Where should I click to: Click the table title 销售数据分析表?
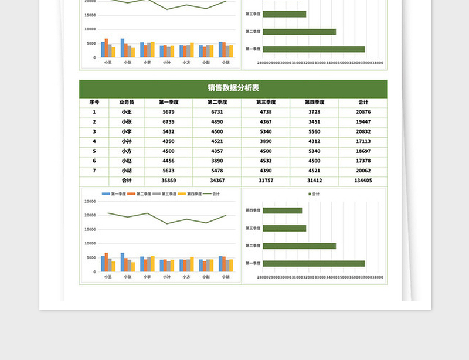(233, 89)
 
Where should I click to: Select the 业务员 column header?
(127, 102)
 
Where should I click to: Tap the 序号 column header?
(94, 102)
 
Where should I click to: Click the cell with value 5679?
(168, 111)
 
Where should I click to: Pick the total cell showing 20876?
(363, 111)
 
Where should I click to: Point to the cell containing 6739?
(168, 121)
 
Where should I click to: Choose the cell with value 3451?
(314, 121)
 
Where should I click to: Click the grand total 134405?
(363, 181)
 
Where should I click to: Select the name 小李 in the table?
(127, 131)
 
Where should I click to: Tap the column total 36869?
(168, 181)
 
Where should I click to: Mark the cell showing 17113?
(363, 141)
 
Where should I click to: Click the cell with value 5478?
(217, 171)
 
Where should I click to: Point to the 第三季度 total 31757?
(266, 181)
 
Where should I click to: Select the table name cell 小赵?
(127, 161)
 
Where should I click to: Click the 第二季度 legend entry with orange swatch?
(140, 193)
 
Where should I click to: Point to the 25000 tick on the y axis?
(90, 201)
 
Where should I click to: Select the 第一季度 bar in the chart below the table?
(314, 264)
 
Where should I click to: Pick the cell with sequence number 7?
(94, 171)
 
